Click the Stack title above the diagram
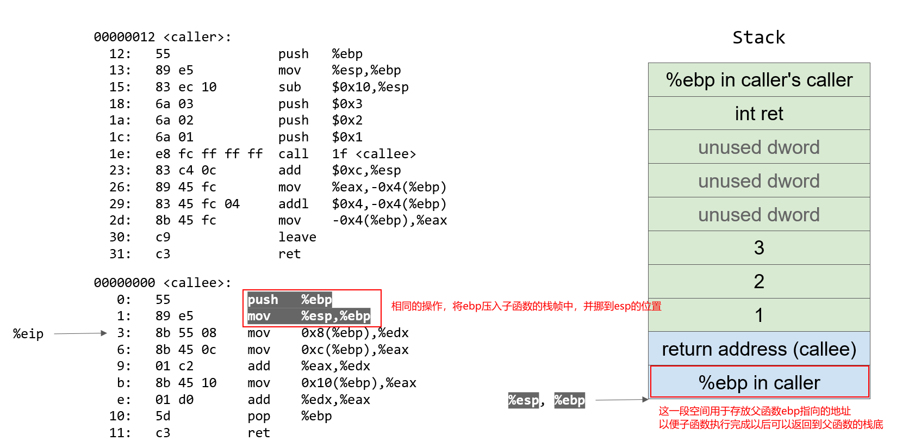tap(758, 38)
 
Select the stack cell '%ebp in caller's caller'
tap(759, 80)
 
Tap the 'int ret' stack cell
tap(759, 114)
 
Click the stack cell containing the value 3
tap(759, 248)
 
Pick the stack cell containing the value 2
tap(759, 282)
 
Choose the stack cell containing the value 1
tap(759, 315)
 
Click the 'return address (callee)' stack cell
tap(759, 349)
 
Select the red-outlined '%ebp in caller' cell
tap(759, 383)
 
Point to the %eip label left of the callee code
tap(28, 334)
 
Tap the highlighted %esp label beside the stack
tap(524, 400)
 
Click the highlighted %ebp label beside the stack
tap(569, 400)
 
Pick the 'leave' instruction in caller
tap(297, 237)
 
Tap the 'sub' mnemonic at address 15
tap(289, 87)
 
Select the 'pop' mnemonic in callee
tap(259, 416)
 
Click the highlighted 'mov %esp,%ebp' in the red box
tap(309, 316)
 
